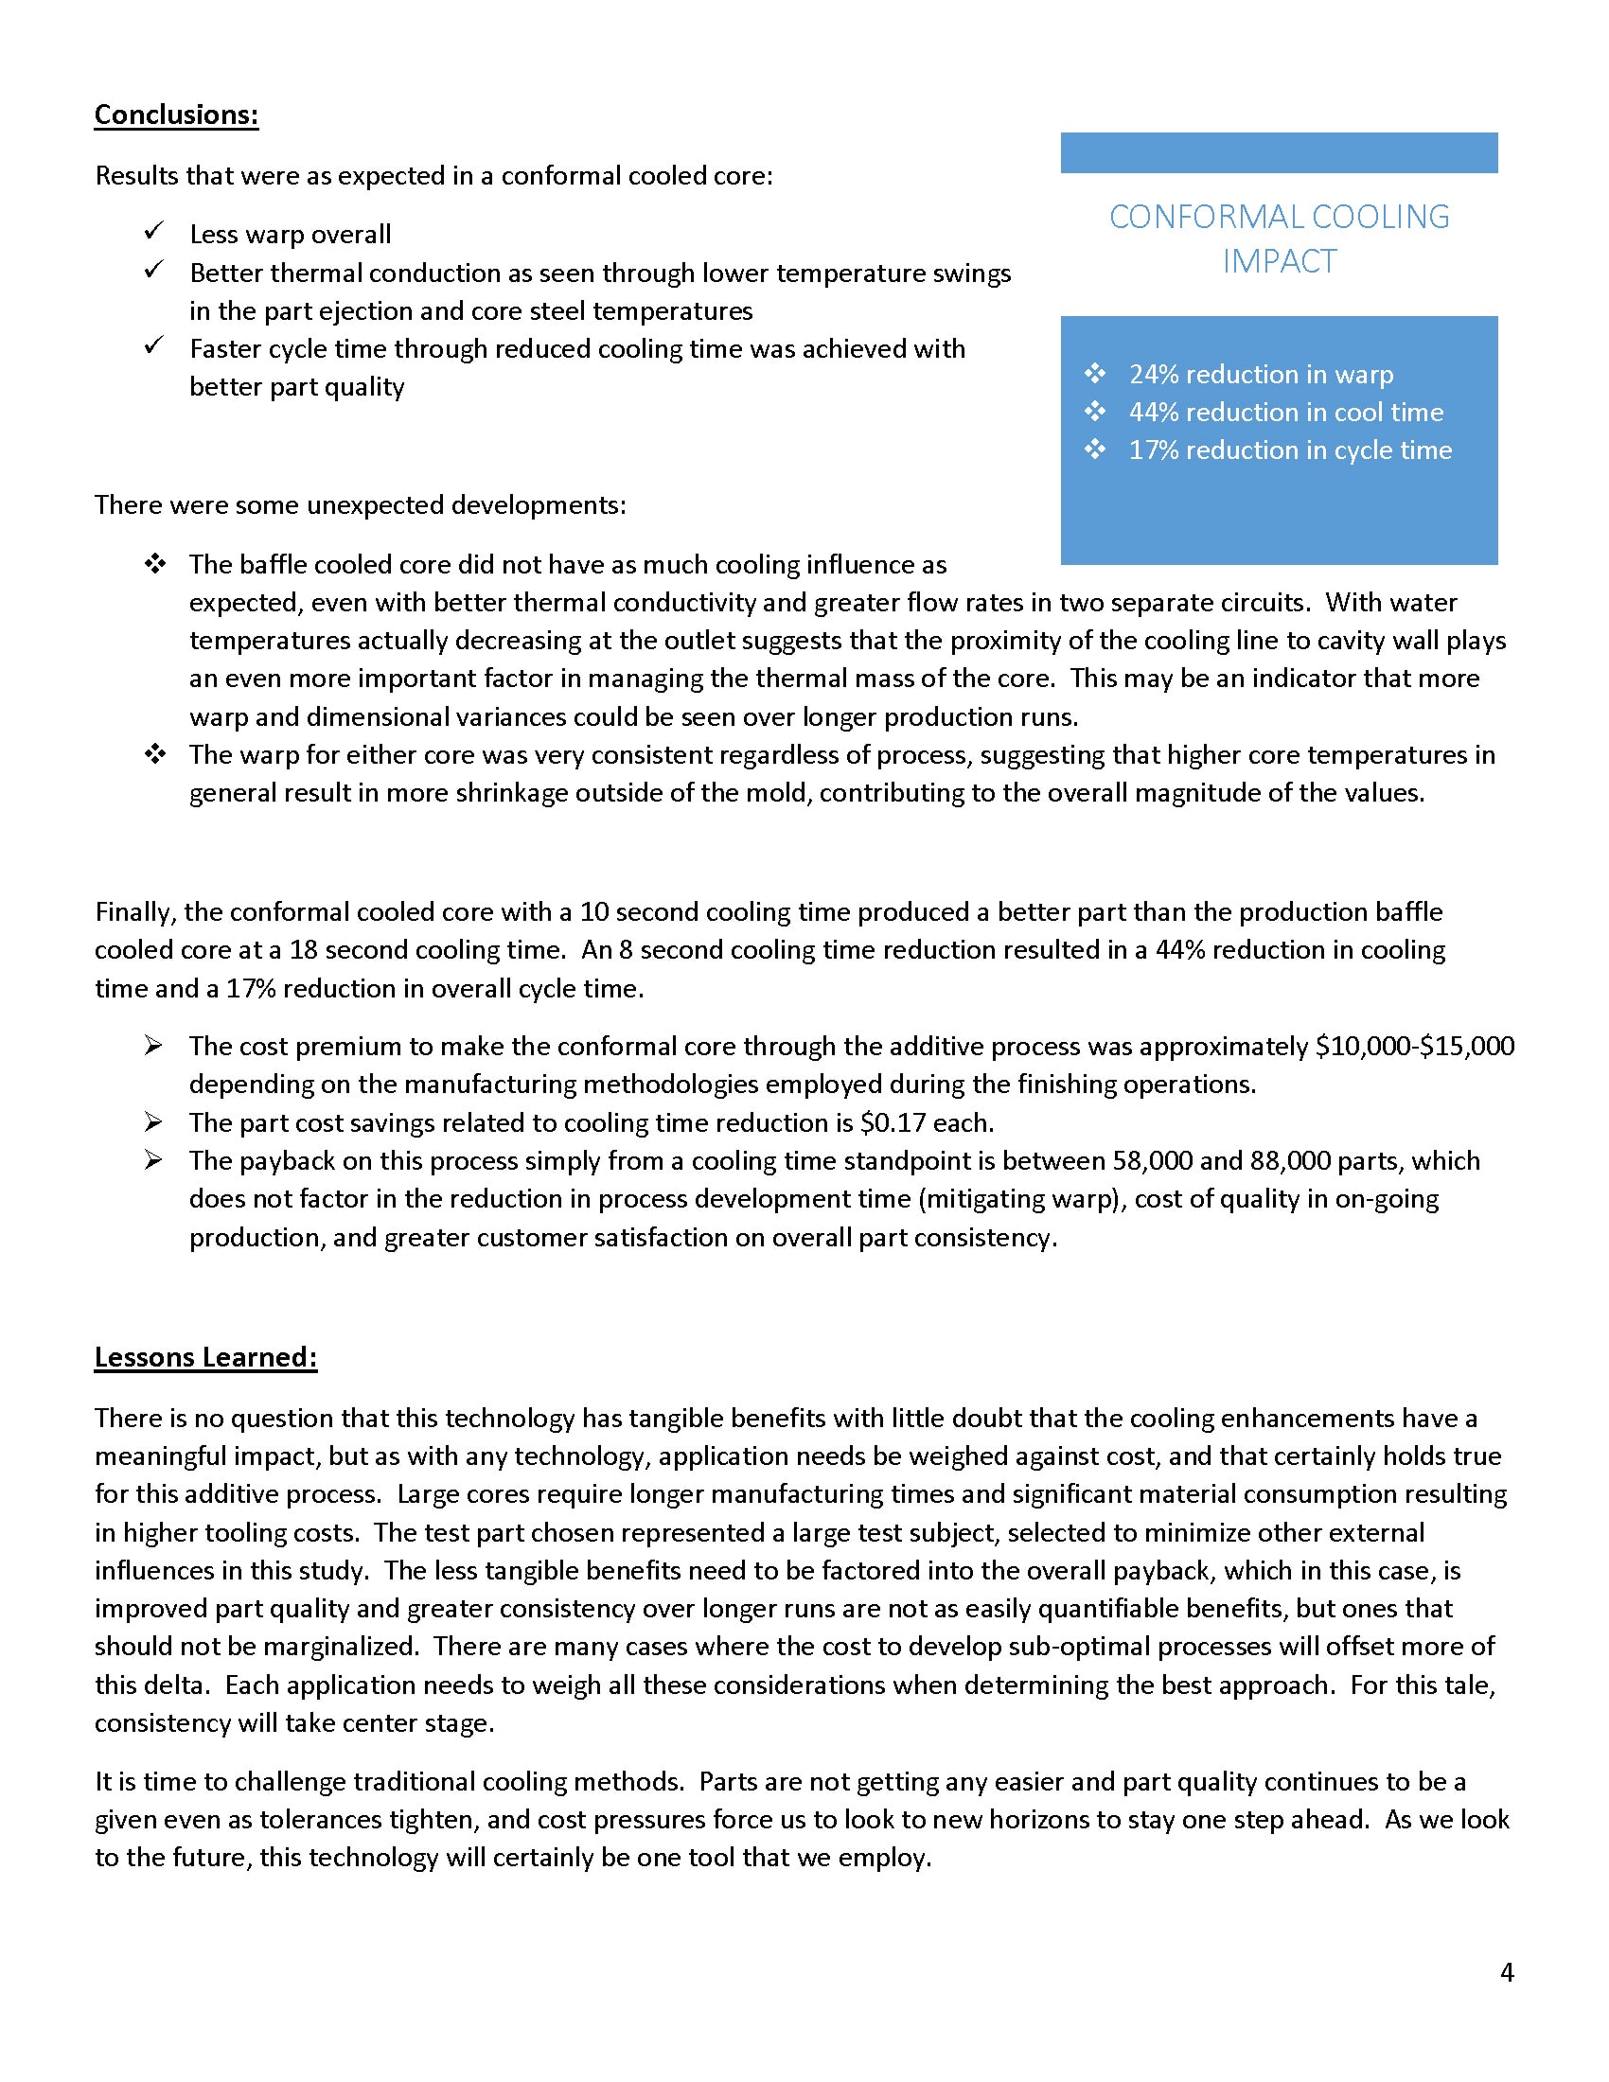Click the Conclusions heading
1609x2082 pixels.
coord(176,115)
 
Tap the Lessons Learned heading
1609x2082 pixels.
coord(205,1356)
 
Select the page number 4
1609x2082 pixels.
coord(1506,1971)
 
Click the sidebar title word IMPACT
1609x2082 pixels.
coord(1280,261)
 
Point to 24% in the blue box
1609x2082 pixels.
coord(1154,375)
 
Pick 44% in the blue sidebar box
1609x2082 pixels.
coord(1154,413)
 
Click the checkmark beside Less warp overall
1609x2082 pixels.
coord(153,232)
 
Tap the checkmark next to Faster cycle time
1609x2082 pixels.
coord(153,346)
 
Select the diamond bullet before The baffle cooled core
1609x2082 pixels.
coord(154,564)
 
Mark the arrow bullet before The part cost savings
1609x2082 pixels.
coord(153,1122)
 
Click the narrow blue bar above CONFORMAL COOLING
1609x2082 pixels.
coord(1279,152)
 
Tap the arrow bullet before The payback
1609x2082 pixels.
coord(153,1160)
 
